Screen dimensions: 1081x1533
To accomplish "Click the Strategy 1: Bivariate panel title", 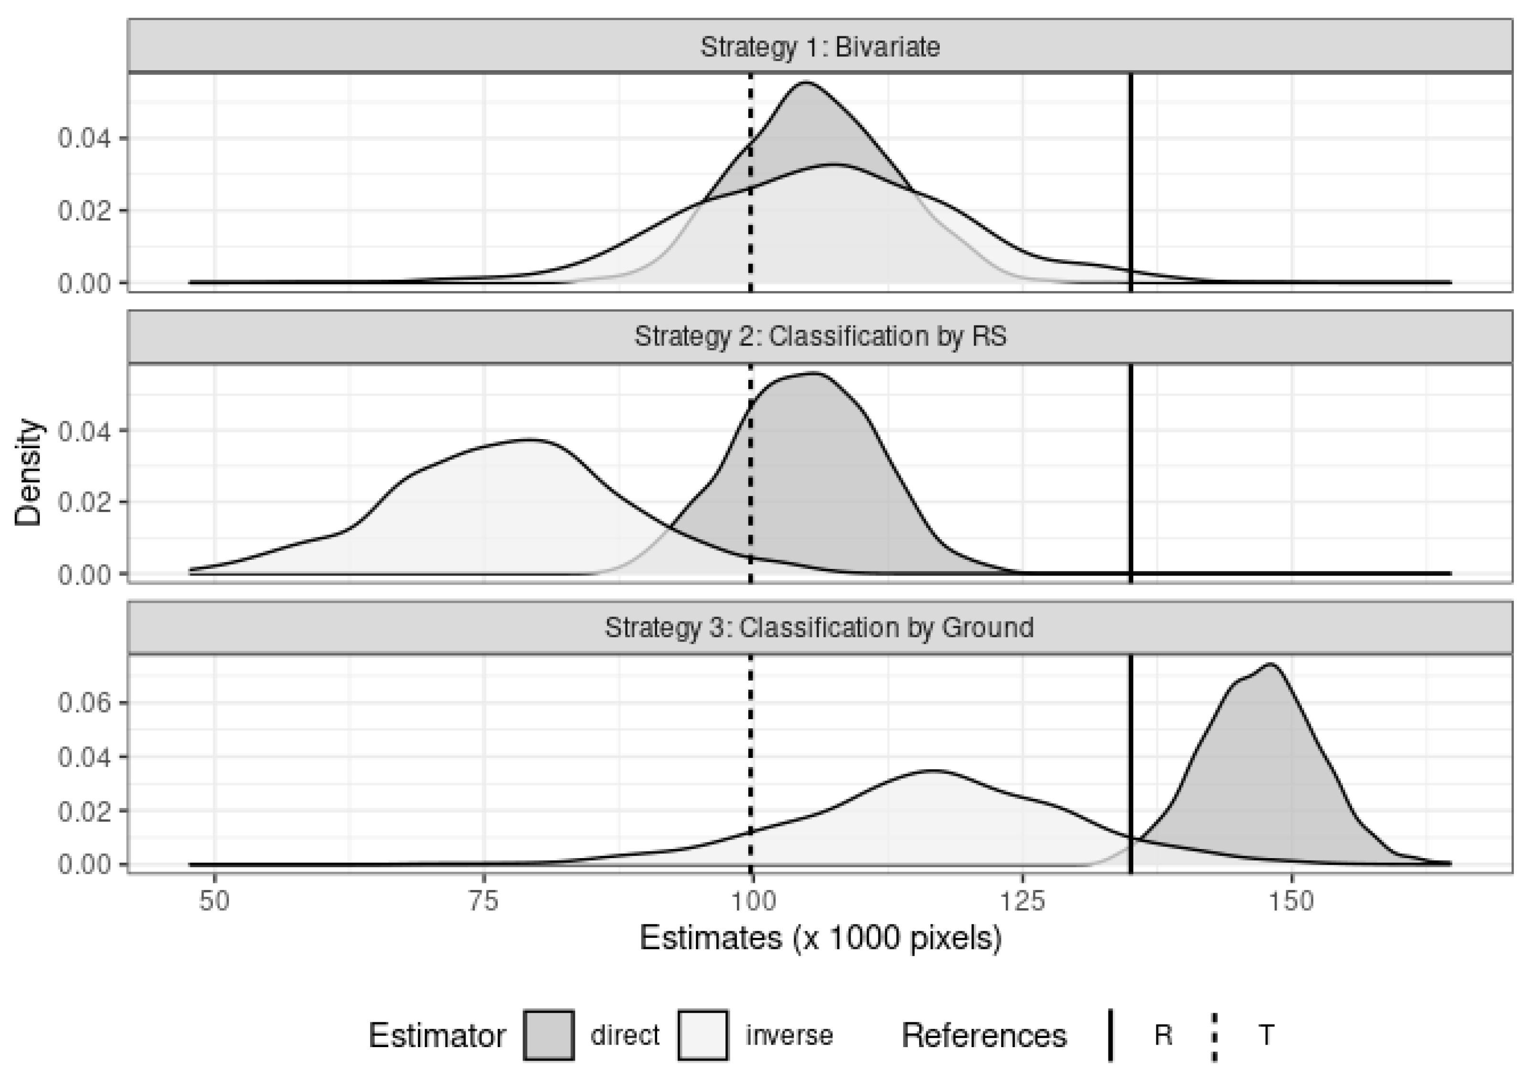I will click(820, 47).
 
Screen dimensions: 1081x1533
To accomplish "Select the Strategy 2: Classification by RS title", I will click(820, 336).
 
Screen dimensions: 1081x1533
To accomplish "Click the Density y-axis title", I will click(28, 472).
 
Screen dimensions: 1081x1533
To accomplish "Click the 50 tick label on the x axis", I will click(214, 902).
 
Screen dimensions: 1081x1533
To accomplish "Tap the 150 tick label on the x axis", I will click(1291, 902).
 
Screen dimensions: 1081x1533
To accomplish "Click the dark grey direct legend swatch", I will click(549, 1035).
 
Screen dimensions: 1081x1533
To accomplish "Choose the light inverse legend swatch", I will click(703, 1035).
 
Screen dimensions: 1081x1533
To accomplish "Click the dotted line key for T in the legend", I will click(1214, 1035).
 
